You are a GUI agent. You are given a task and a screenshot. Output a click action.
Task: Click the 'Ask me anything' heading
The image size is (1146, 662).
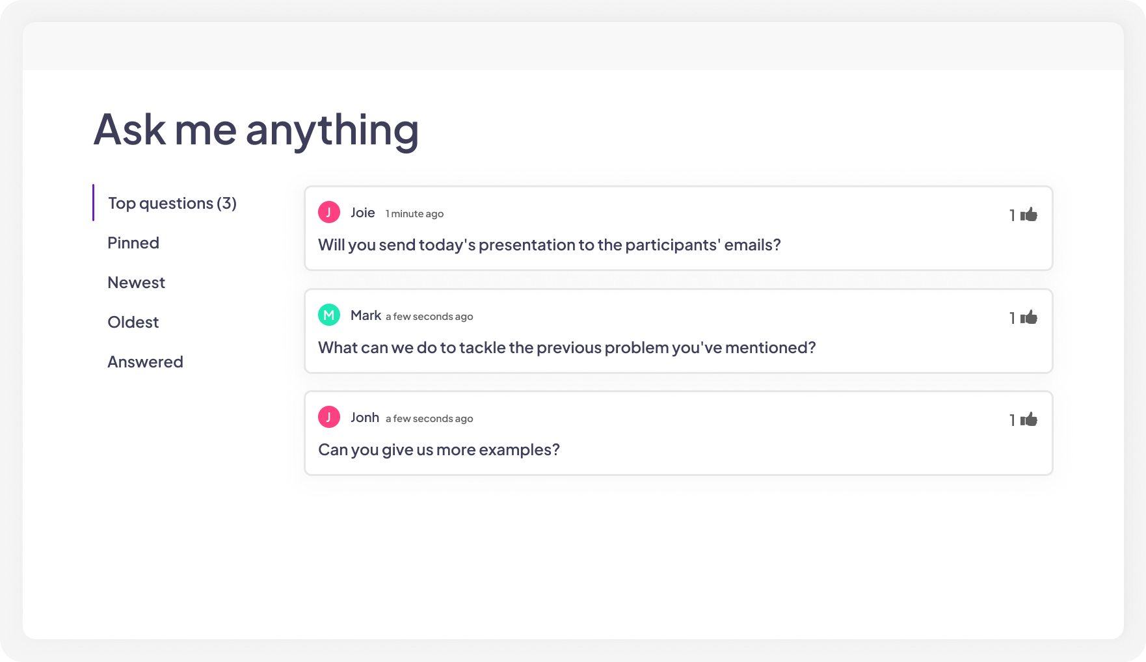click(x=256, y=129)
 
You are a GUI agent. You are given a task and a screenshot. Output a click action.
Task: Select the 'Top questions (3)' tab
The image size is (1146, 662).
click(x=172, y=204)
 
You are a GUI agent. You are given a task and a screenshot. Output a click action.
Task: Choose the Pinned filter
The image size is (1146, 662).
click(x=133, y=243)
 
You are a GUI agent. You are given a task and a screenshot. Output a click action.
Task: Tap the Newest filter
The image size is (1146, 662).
click(x=136, y=283)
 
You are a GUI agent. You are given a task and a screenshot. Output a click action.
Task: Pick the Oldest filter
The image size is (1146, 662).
click(x=133, y=323)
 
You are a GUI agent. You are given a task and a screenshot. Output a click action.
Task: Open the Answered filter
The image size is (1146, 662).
click(x=145, y=362)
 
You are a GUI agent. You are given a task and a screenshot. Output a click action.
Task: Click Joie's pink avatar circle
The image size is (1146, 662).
click(x=329, y=212)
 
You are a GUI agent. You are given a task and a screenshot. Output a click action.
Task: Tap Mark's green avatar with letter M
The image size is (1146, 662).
click(x=329, y=315)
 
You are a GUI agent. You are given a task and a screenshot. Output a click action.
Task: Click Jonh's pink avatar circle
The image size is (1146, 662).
click(x=329, y=417)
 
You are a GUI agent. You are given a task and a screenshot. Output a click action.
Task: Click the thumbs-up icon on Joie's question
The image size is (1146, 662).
click(x=1029, y=215)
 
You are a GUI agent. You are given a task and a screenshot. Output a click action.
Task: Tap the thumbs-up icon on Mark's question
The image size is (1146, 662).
click(x=1029, y=317)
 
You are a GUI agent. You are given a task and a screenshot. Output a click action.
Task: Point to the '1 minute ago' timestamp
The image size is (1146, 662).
click(x=414, y=214)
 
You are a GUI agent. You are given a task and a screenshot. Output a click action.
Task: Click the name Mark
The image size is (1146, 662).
click(x=366, y=315)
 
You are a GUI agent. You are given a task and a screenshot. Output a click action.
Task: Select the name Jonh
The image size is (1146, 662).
click(x=364, y=417)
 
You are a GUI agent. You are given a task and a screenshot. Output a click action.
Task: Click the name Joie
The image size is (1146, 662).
click(x=362, y=213)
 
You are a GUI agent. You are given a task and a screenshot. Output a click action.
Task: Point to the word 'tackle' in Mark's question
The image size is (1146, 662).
click(x=482, y=348)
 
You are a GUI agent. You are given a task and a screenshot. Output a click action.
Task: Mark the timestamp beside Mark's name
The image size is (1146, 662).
click(x=429, y=317)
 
